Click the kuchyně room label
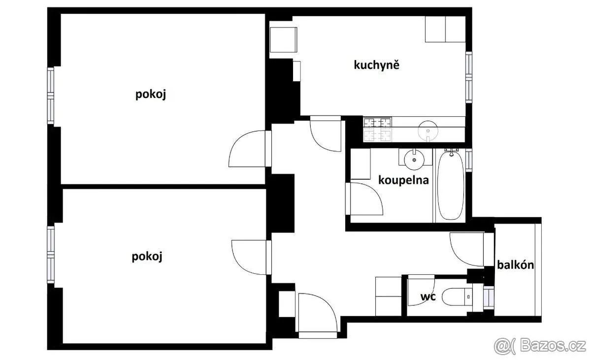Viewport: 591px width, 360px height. click(376, 65)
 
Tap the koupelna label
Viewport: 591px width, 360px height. click(403, 180)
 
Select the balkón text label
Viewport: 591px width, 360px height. click(516, 265)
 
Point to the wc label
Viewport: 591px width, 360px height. click(428, 296)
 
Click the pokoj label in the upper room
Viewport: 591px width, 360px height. click(151, 95)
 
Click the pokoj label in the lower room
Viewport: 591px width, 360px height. click(147, 257)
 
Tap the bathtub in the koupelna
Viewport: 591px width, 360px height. click(450, 185)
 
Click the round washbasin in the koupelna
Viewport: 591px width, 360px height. click(415, 160)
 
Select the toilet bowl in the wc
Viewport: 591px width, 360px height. click(457, 297)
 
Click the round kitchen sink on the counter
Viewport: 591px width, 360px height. click(428, 131)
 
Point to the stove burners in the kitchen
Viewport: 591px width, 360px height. click(378, 129)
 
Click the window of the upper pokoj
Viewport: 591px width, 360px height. click(51, 96)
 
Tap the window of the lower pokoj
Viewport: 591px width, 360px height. click(51, 255)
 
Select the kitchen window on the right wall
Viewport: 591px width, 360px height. click(469, 77)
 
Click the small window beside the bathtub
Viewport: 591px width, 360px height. click(469, 160)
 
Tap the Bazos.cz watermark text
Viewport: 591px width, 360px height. click(540, 346)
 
